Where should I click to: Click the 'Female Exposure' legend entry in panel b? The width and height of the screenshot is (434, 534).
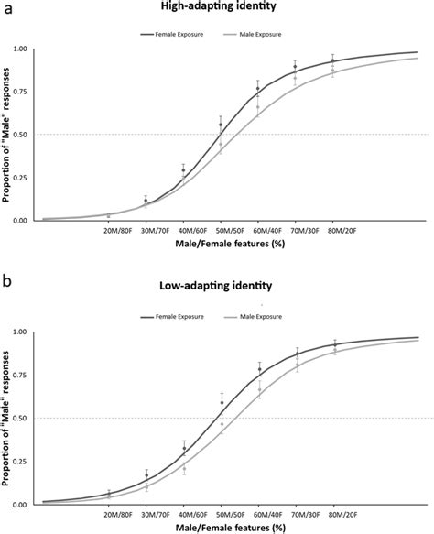[178, 317]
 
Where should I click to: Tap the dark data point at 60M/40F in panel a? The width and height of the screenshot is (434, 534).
[258, 89]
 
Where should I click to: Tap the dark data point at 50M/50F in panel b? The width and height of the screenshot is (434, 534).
[221, 402]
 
